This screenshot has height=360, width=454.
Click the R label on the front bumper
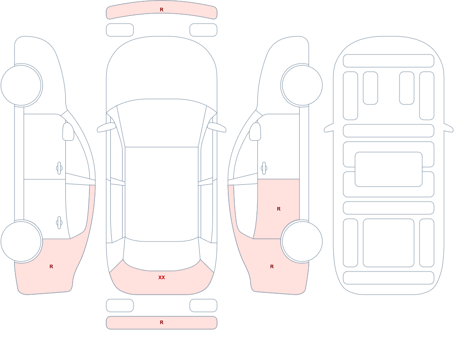point(162,10)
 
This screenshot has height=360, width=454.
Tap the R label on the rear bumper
point(162,322)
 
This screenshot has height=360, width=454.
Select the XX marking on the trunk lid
point(162,277)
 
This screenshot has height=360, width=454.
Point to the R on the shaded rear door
point(279,209)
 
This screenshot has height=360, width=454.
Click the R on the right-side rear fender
point(271,266)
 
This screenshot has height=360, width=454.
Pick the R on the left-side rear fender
point(51,266)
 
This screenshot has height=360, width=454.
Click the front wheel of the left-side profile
point(21,85)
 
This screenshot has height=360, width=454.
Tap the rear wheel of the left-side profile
point(21,241)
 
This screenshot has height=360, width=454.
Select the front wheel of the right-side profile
point(302,85)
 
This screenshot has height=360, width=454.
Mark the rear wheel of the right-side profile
point(302,241)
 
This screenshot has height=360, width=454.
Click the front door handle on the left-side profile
point(59,168)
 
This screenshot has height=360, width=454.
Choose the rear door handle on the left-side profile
point(59,223)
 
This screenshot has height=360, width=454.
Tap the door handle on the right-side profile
point(264,168)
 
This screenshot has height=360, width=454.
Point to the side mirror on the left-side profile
point(69,132)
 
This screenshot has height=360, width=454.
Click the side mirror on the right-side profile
point(255,132)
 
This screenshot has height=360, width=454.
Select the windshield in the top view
point(162,123)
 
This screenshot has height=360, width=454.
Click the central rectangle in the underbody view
point(389,169)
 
